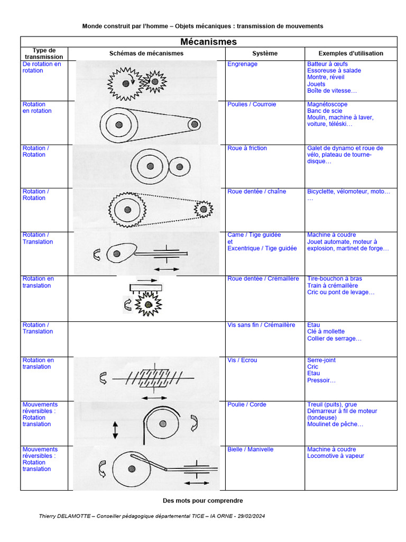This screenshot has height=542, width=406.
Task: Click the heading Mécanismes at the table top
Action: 208,42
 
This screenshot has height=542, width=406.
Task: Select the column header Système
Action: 264,53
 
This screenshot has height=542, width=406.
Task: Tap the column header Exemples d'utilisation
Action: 350,53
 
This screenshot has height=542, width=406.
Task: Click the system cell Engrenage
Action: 242,64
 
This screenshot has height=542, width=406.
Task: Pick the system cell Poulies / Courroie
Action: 252,104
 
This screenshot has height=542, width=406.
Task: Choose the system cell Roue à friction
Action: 247,148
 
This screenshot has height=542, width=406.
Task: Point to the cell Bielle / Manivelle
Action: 251,449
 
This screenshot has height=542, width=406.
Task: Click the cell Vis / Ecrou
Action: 242,360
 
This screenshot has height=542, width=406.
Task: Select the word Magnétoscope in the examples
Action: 327,104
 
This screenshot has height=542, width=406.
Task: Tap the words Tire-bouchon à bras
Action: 335,278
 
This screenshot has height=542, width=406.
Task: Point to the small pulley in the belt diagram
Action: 195,124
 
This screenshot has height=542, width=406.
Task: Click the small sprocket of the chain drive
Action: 203,209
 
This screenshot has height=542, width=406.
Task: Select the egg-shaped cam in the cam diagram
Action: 119,252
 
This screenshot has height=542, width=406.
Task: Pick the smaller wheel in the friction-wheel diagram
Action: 180,166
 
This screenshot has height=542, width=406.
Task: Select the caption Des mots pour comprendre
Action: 202,500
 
